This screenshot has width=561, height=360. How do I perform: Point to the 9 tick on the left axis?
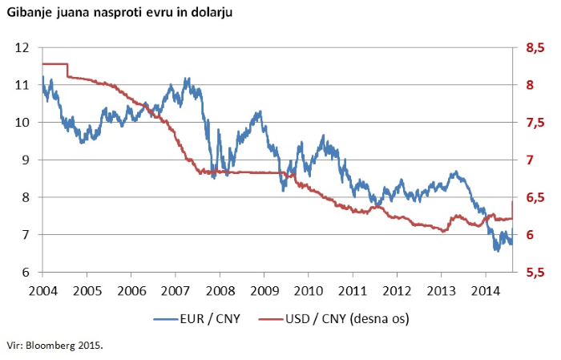(26, 160)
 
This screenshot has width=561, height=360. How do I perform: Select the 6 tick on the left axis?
(26, 273)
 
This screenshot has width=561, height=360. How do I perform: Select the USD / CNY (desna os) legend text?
(348, 319)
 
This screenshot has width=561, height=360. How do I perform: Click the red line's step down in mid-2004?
(67, 70)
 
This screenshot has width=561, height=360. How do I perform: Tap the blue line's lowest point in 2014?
(496, 250)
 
